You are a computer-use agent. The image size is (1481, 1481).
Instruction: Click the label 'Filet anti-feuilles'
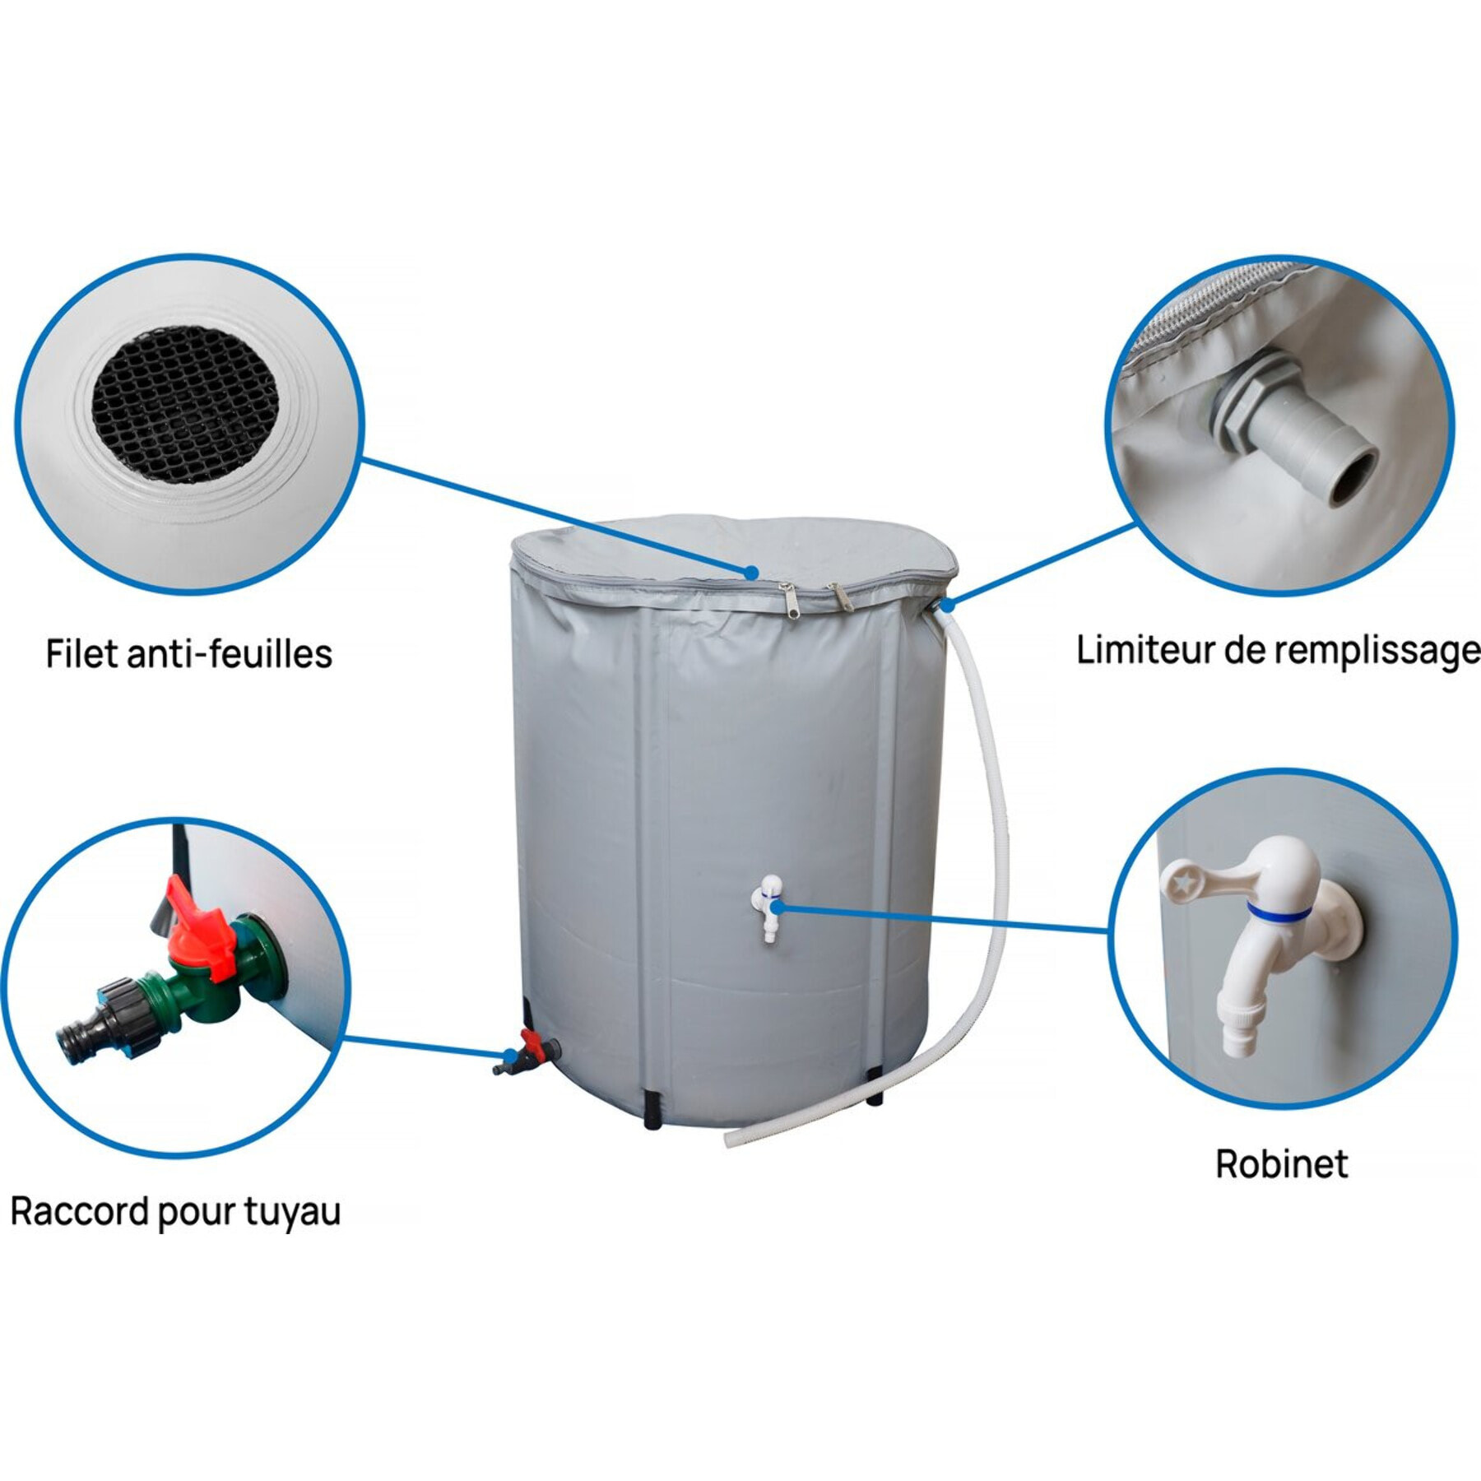[188, 655]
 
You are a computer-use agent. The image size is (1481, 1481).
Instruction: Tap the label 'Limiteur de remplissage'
[1278, 651]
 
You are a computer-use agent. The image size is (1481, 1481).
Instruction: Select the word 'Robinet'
[1282, 1164]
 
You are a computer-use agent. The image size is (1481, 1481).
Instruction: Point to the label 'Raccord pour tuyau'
[175, 1212]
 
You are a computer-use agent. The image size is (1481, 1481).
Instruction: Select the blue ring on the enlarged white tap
[1276, 912]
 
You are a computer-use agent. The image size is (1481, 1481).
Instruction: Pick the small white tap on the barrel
[770, 908]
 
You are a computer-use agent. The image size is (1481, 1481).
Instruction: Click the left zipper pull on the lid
[787, 597]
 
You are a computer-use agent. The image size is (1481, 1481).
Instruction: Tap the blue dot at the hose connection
[947, 606]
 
